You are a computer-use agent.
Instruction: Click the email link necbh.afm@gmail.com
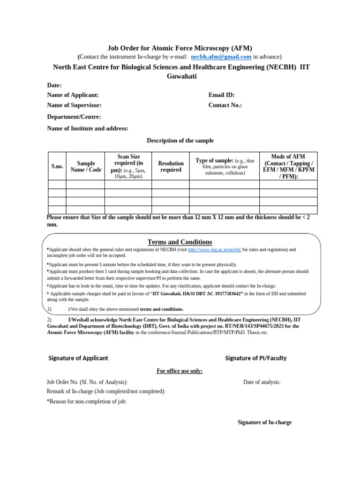point(221,57)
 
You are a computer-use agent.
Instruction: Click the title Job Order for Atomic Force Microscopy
point(180,48)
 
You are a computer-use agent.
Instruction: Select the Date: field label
point(54,85)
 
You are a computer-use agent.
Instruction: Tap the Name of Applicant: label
point(73,95)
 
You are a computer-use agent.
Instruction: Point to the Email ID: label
point(221,95)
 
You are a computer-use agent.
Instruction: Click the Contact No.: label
point(225,105)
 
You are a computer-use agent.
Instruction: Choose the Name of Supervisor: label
point(74,105)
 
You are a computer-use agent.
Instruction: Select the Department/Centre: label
point(74,117)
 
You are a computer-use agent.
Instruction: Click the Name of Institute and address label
point(88,128)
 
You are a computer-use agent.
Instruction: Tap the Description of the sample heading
point(180,141)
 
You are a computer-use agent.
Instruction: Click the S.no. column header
point(57,166)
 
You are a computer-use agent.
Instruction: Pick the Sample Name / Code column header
point(86,166)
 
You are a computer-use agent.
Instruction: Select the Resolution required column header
point(171,166)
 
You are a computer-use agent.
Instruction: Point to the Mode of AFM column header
point(288,166)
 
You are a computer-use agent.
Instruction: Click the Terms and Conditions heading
point(180,242)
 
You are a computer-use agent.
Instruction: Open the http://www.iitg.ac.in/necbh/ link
point(214,250)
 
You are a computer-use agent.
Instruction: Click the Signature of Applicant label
point(78,358)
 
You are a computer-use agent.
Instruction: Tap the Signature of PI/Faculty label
point(255,358)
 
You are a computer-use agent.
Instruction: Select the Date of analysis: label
point(262,382)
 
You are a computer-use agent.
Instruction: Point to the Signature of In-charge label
point(264,422)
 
